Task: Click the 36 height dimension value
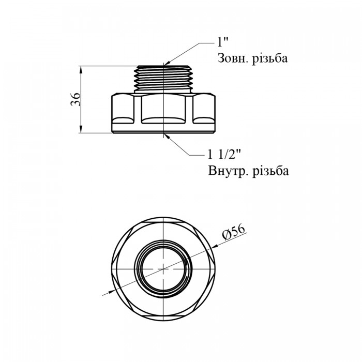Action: coord(76,99)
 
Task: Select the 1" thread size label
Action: coord(222,42)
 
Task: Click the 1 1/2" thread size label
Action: coord(224,155)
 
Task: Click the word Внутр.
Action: coord(227,171)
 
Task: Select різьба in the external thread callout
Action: coord(270,58)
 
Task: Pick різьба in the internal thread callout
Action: coord(270,171)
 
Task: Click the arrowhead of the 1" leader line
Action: coord(167,63)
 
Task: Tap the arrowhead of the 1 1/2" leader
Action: coord(167,135)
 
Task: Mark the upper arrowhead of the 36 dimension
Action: coord(81,69)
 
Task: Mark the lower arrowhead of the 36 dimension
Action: coord(81,129)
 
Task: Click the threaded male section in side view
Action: coord(163,78)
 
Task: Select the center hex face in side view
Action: coord(163,109)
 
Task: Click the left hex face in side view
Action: coord(123,109)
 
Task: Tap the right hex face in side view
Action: coord(204,109)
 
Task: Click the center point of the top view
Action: coord(163,269)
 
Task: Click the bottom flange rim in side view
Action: coord(163,131)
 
